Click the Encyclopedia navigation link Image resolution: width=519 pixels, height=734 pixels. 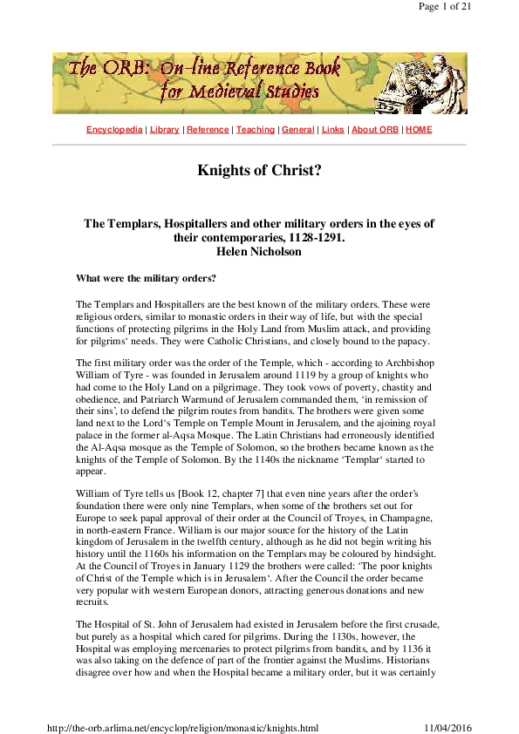[x=114, y=130]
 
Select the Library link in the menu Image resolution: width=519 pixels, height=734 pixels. [x=164, y=130]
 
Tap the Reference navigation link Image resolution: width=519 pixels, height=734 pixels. [x=208, y=130]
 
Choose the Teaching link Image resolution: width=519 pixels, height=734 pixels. [x=256, y=130]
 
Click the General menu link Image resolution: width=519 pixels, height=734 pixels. [x=297, y=130]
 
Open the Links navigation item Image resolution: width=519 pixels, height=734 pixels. [x=332, y=130]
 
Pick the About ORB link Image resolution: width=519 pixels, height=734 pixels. [x=375, y=130]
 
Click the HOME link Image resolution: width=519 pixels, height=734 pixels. [x=419, y=130]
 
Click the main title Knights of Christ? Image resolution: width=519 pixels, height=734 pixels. [x=259, y=169]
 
